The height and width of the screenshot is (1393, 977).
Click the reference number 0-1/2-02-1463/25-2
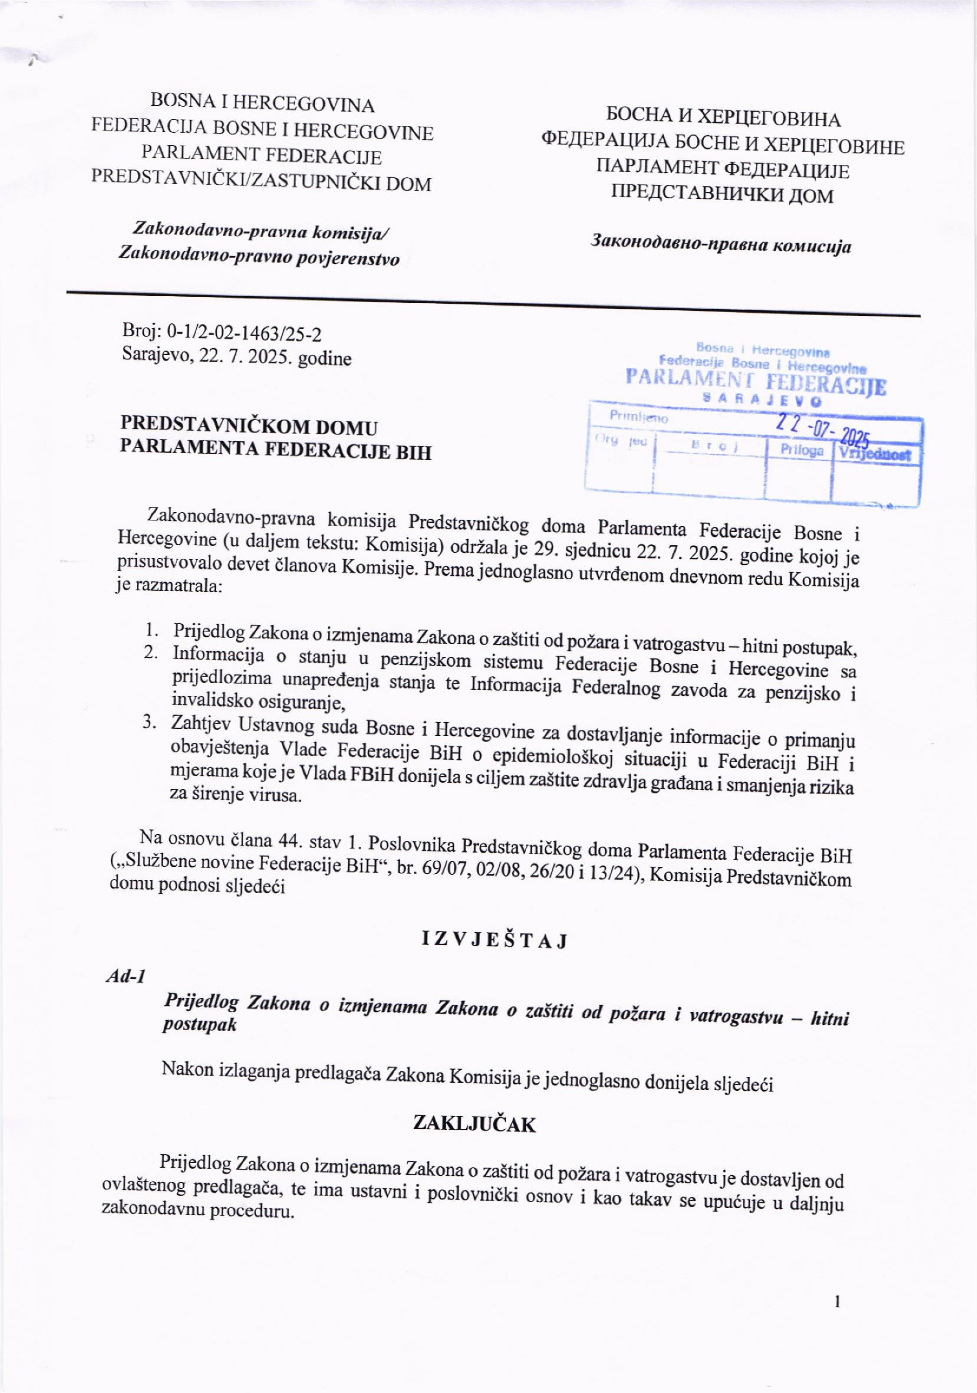pyautogui.click(x=244, y=332)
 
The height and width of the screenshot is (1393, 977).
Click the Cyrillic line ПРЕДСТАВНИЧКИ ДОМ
pyautogui.click(x=722, y=195)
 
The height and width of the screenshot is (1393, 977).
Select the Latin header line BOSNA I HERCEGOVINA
pyautogui.click(x=262, y=104)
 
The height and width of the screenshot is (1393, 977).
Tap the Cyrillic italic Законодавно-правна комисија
pyautogui.click(x=721, y=246)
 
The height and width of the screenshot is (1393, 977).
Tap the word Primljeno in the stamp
pyautogui.click(x=639, y=417)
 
